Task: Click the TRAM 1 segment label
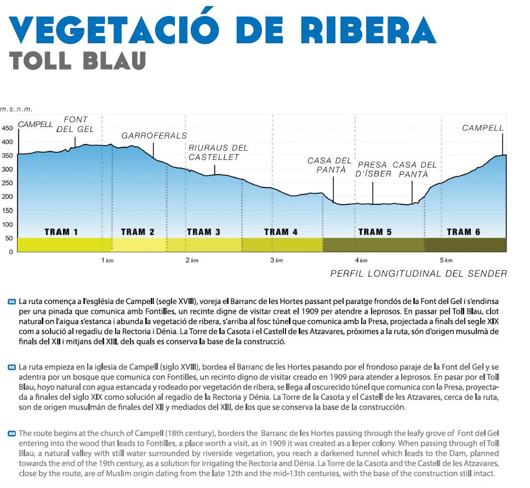click(61, 232)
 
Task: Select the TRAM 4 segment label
click(281, 232)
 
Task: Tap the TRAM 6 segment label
click(463, 232)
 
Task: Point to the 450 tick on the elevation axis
click(7, 128)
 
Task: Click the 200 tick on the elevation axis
click(7, 197)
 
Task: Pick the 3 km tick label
click(276, 260)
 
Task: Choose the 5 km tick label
click(445, 260)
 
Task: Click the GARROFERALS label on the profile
click(154, 135)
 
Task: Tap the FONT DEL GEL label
click(76, 124)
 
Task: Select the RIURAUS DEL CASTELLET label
click(218, 152)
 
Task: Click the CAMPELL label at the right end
click(482, 128)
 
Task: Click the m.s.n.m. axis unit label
click(16, 108)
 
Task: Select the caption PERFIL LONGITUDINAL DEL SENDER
click(418, 273)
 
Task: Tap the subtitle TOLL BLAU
click(78, 60)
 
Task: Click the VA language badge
click(12, 301)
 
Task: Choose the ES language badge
click(12, 366)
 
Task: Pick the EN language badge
click(12, 433)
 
